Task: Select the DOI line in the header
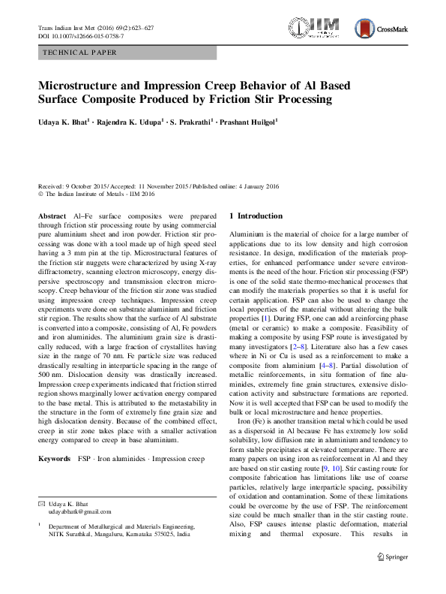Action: pyautogui.click(x=81, y=37)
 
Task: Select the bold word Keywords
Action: pyautogui.click(x=54, y=457)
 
